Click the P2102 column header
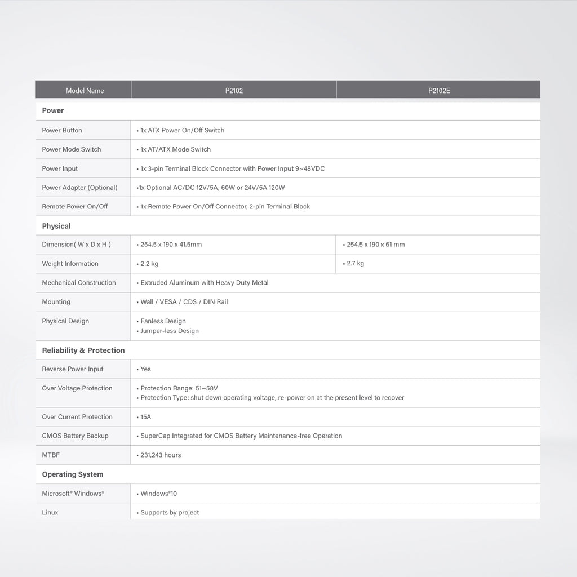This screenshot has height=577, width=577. point(234,90)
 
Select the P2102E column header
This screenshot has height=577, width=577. point(439,90)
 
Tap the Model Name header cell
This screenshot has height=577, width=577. point(85,90)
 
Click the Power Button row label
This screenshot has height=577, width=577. point(62,130)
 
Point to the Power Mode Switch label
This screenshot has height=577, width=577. point(72,149)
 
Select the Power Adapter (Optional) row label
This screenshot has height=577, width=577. point(79,188)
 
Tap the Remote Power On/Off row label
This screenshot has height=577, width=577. point(75,206)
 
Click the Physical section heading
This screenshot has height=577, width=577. point(56,226)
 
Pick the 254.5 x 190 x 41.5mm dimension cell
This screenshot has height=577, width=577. point(171,245)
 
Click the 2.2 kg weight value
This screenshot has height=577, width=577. point(149,264)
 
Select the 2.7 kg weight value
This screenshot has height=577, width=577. point(355,263)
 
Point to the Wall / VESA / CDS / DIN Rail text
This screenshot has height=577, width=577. point(184,302)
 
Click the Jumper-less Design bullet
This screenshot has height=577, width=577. point(169,331)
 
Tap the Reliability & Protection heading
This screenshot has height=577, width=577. point(83,350)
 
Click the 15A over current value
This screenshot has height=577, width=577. point(145,417)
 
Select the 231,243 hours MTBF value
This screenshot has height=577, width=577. point(161,455)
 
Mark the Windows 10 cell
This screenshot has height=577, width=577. point(158,494)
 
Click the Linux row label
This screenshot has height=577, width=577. point(50,512)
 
